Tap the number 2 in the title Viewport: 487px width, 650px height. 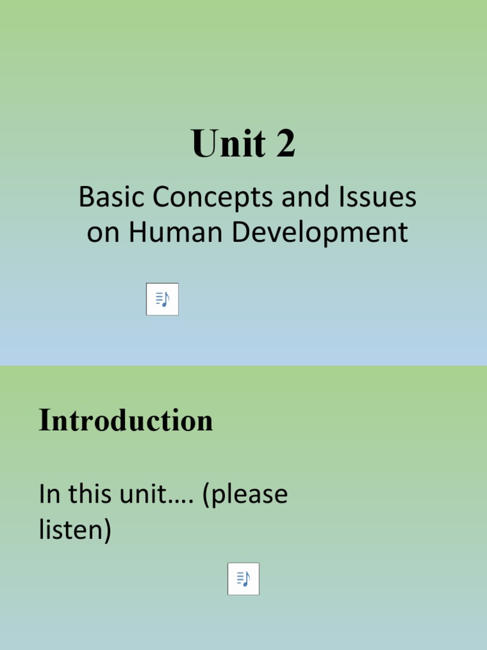pos(285,144)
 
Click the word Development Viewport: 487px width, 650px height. pos(320,233)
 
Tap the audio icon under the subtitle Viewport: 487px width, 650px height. pos(162,299)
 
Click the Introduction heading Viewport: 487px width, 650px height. pos(126,420)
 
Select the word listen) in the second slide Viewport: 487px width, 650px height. pos(75,530)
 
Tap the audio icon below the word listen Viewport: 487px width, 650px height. pos(243,578)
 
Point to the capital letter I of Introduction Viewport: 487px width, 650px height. pos(43,420)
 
